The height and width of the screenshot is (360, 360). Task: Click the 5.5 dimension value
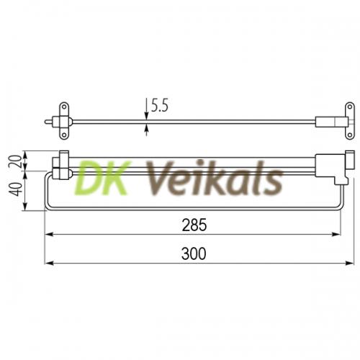160,106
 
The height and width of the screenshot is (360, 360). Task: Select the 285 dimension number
194,225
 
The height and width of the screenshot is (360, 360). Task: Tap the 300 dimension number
194,253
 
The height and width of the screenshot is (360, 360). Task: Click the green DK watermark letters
103,178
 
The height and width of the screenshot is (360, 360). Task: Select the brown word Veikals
214,178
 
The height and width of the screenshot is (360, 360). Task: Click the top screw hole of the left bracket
64,107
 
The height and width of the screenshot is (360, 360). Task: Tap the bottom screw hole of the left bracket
64,135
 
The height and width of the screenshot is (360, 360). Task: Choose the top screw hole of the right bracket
350,107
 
